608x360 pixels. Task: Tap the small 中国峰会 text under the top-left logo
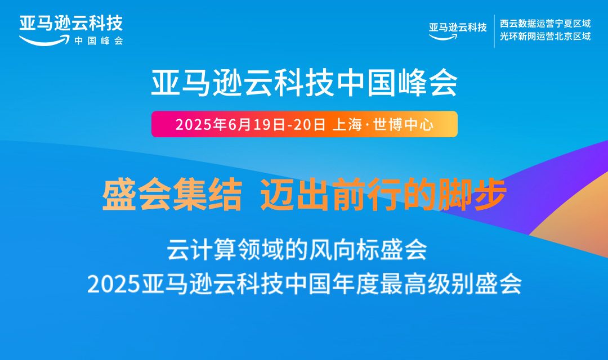click(99, 40)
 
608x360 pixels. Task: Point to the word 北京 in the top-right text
click(563, 37)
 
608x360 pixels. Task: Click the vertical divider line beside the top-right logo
click(494, 31)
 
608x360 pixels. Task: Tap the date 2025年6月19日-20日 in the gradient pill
click(251, 124)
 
